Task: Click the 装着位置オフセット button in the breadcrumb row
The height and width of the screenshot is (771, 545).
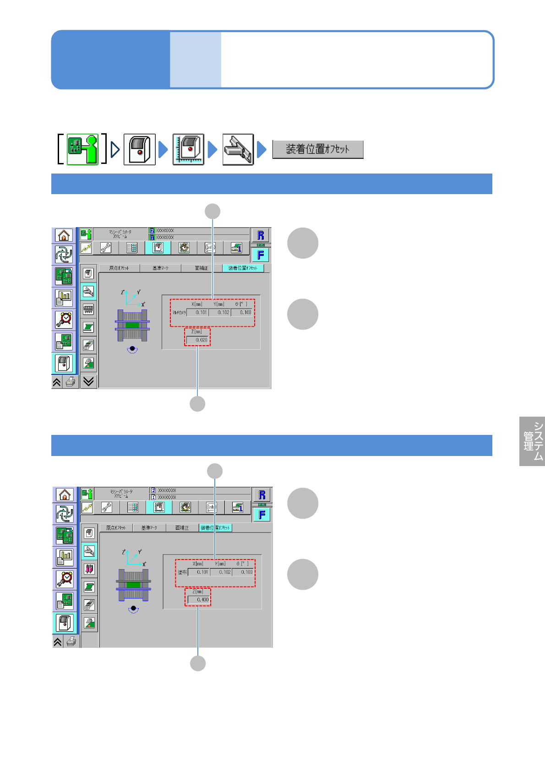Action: (x=318, y=149)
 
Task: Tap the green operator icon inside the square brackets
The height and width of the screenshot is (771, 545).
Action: (x=83, y=149)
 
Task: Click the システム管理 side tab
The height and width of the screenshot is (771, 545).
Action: (x=532, y=441)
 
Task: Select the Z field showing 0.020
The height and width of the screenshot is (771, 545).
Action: (x=198, y=340)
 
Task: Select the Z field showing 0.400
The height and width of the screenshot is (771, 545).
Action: (x=199, y=599)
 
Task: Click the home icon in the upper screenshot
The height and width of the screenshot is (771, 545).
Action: (x=64, y=235)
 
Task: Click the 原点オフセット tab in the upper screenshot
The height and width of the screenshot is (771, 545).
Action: (x=119, y=268)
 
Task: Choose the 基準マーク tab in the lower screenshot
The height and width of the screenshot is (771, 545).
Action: (x=149, y=528)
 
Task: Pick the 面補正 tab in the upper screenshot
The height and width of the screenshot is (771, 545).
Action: (x=202, y=268)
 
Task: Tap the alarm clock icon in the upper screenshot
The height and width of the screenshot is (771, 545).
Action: (x=64, y=319)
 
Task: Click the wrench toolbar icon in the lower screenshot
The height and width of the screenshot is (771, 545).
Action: (x=107, y=507)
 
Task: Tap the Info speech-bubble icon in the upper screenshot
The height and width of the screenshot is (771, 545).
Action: (x=210, y=248)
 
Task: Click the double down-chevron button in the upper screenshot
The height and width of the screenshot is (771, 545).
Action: (x=88, y=381)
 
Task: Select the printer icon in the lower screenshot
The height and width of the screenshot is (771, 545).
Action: (x=71, y=641)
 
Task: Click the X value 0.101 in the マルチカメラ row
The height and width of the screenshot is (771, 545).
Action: (x=198, y=312)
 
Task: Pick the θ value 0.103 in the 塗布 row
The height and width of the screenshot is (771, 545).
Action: (x=243, y=572)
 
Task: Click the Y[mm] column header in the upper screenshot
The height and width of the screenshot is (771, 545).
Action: (x=219, y=304)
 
